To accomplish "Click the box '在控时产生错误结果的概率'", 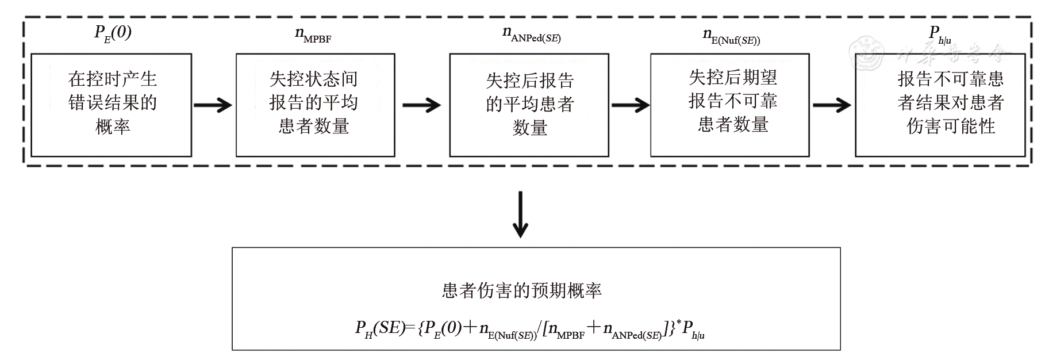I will (112, 105).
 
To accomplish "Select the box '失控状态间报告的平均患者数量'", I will (315, 105).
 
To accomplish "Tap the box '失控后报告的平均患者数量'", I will (529, 105).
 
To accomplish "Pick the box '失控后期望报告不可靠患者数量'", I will (730, 105).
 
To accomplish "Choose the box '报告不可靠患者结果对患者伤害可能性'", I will (940, 105).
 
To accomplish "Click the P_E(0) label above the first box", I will (113, 33).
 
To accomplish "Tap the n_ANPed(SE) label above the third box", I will (532, 35).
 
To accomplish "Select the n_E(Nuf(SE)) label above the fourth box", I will (731, 36).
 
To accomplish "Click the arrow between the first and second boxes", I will (213, 105).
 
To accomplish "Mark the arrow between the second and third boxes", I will (421, 105).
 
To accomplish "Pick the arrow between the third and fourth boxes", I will (630, 105).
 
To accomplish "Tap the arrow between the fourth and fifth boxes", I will (832, 105).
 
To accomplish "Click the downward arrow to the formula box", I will (520, 214).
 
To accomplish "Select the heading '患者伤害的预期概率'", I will (521, 290).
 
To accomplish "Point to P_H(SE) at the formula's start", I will (381, 329).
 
